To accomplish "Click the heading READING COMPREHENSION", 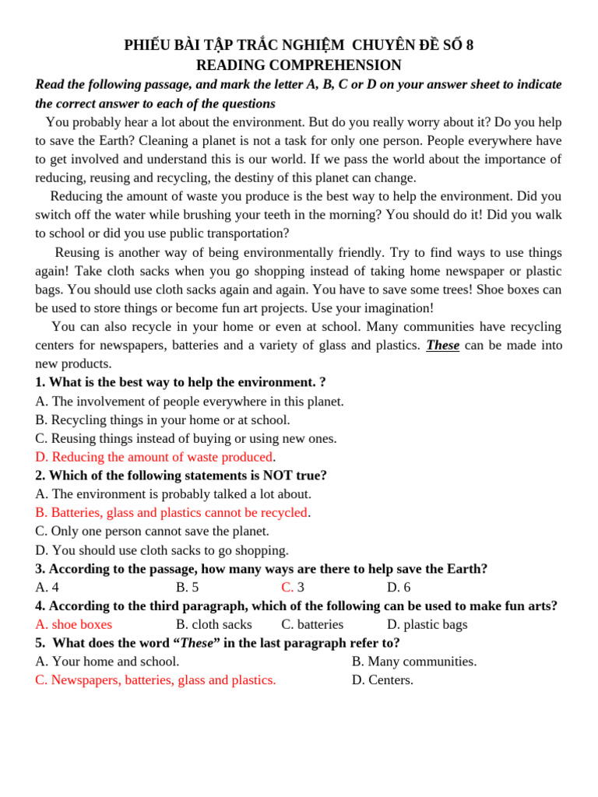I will (x=298, y=65).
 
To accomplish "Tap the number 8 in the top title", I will (x=469, y=45).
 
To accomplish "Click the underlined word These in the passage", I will (x=442, y=345).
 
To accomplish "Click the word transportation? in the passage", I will (x=244, y=233).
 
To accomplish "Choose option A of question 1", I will (x=189, y=401).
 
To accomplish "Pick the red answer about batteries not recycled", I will (x=171, y=512).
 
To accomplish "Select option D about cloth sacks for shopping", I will (x=161, y=549).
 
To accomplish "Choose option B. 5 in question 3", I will (x=187, y=587).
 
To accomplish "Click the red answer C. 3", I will (x=293, y=587).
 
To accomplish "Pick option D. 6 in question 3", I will (x=399, y=587).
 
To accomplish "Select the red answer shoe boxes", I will (x=74, y=624).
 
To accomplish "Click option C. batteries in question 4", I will (x=312, y=624).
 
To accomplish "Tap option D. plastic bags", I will (x=427, y=624).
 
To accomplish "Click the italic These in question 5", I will (x=196, y=643).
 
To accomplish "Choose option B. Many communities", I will (x=414, y=662).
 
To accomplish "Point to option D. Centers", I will (x=382, y=680).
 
